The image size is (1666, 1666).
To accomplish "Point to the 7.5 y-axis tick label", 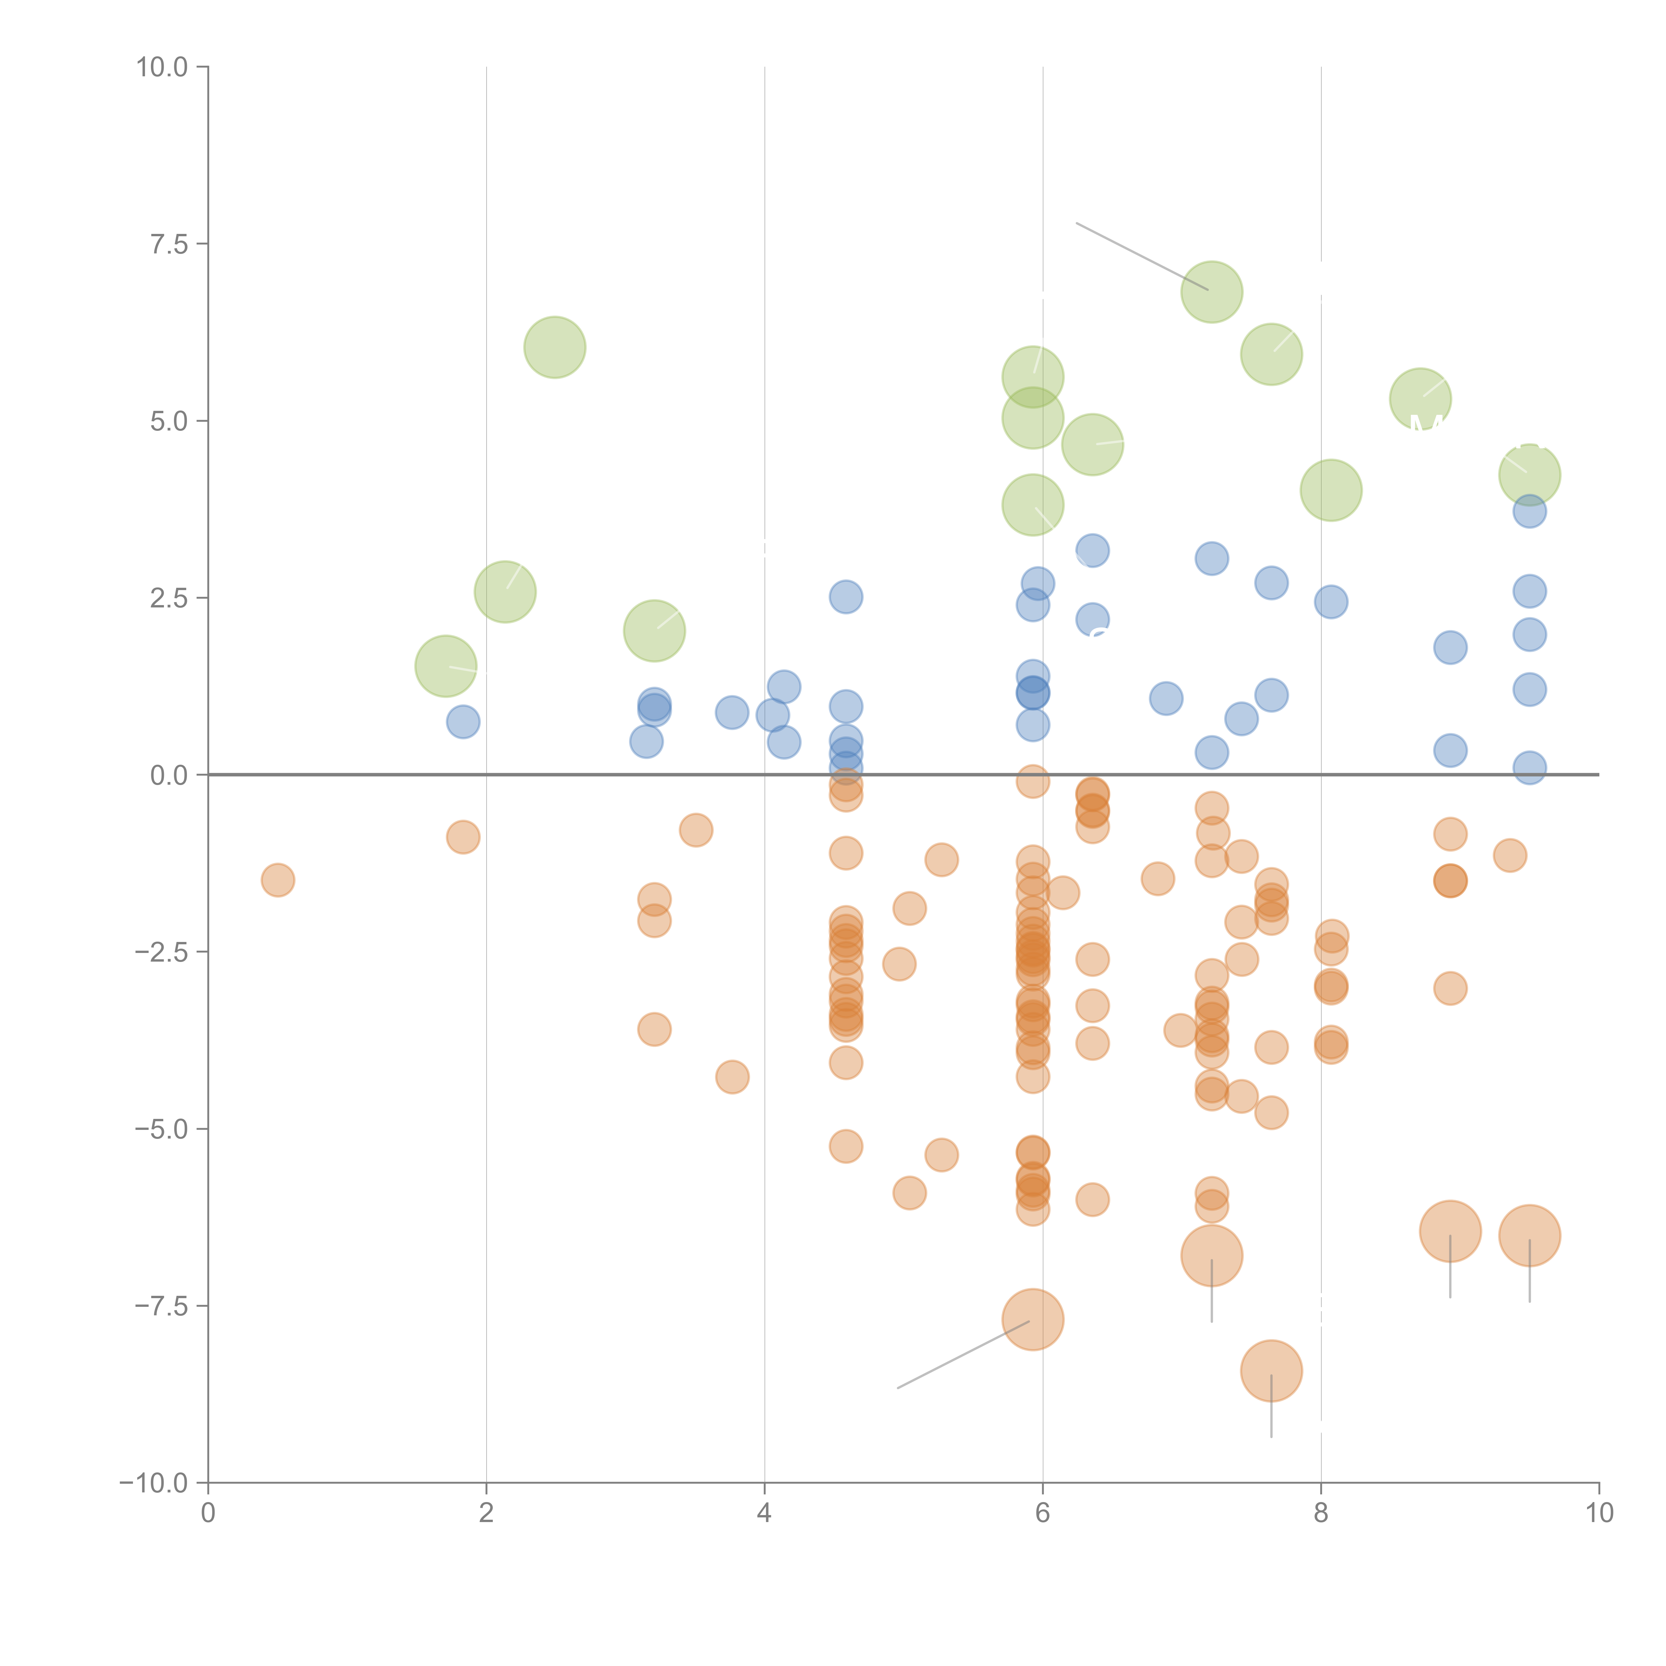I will [x=169, y=244].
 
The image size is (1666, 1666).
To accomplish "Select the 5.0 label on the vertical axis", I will [x=169, y=421].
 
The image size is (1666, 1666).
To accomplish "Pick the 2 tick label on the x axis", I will [x=486, y=1513].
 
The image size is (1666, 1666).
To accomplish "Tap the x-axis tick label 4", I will [x=764, y=1513].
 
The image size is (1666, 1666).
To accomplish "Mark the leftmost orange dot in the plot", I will [x=278, y=880].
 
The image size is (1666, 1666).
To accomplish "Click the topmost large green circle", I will [x=1212, y=292].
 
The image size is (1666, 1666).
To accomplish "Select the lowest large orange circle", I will [x=1271, y=1370].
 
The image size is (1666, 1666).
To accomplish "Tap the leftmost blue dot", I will [x=463, y=721].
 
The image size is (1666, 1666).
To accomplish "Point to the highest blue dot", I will [x=1529, y=511].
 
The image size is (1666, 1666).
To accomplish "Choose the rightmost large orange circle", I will [x=1529, y=1235].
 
